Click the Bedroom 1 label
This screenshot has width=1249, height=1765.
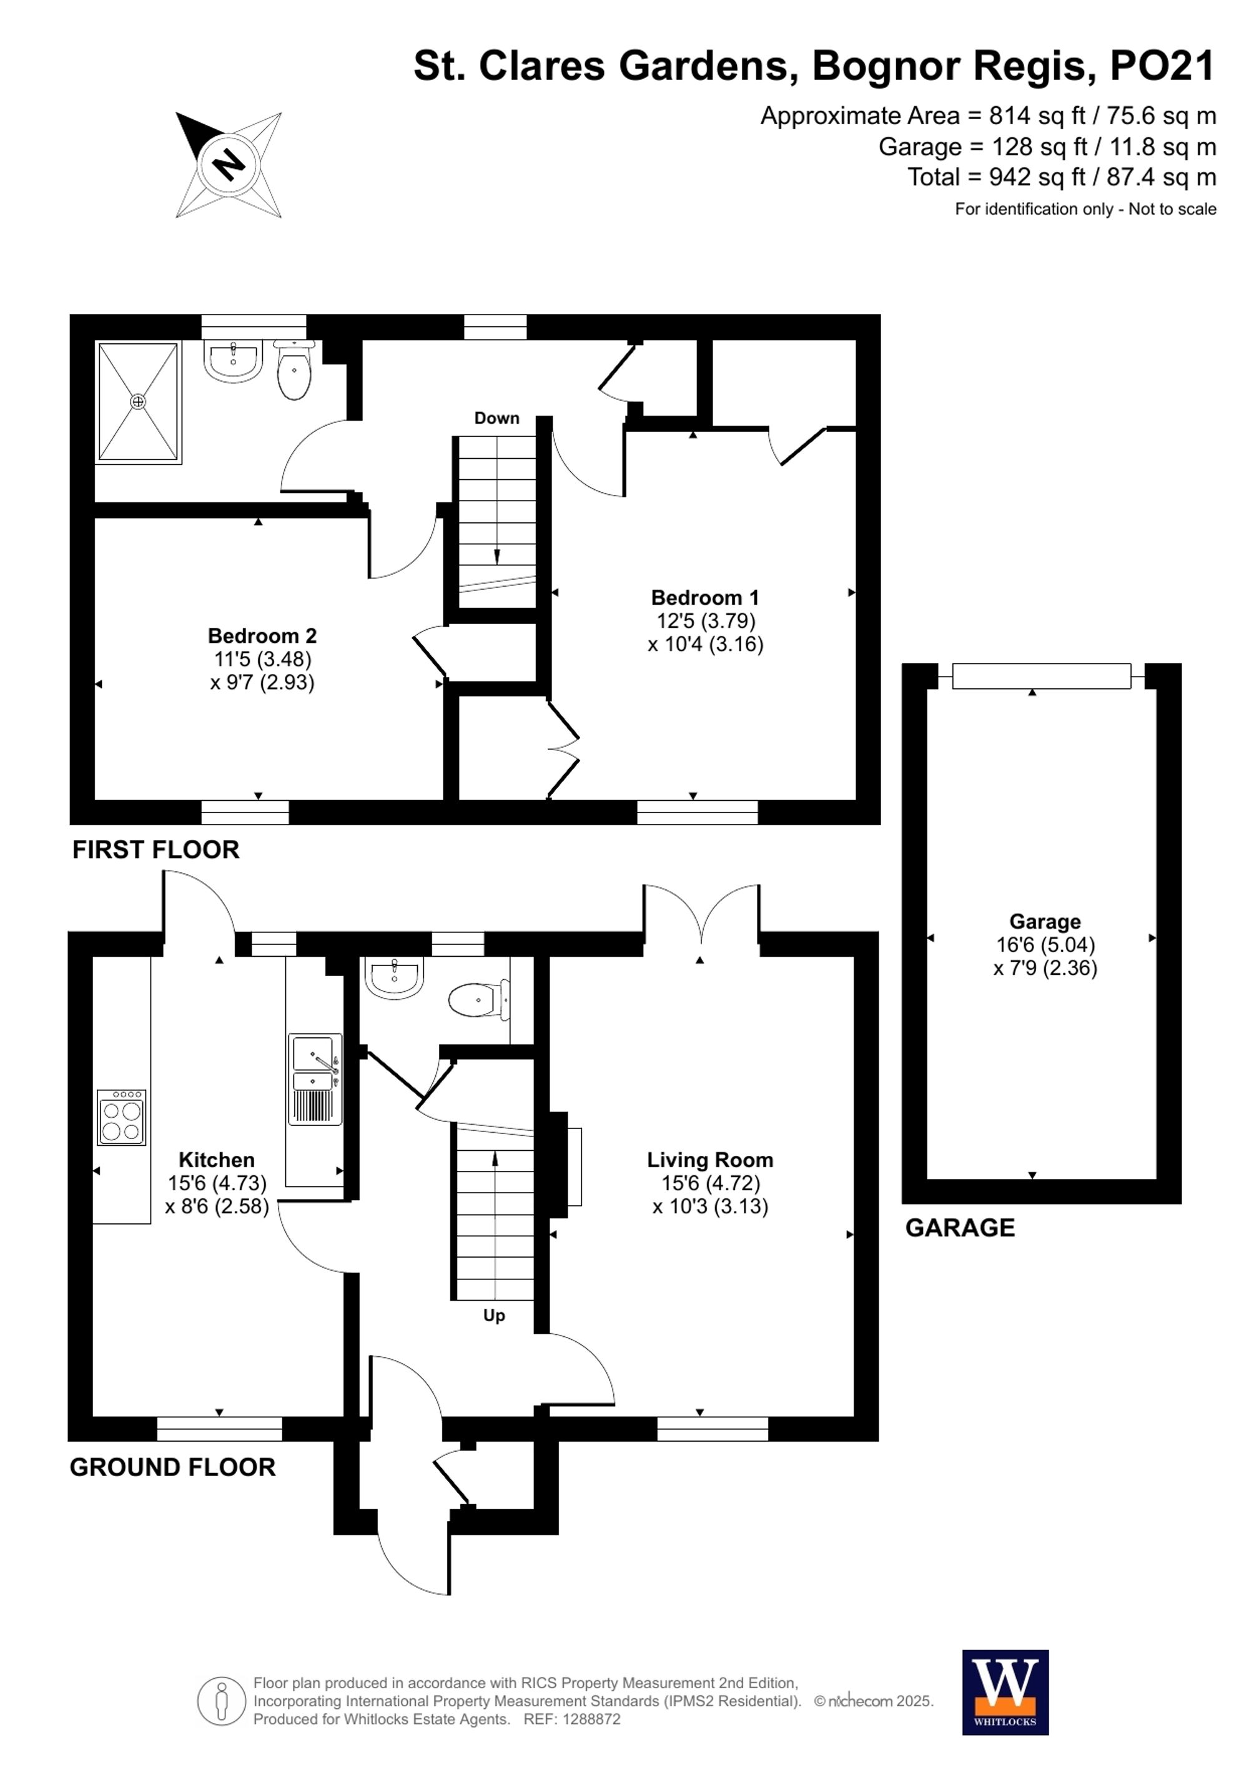(x=704, y=597)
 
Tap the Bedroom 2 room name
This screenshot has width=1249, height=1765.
(x=262, y=636)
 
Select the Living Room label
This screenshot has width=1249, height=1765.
(x=710, y=1160)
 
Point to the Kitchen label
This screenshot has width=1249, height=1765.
(x=216, y=1160)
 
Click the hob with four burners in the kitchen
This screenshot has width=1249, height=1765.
(x=122, y=1118)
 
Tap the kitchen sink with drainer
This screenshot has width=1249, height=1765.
(x=315, y=1079)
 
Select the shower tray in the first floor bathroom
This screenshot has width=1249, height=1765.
(x=139, y=402)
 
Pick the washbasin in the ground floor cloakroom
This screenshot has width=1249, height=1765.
(x=395, y=978)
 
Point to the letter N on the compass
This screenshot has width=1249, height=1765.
(x=229, y=164)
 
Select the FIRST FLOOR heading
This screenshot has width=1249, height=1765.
(x=156, y=849)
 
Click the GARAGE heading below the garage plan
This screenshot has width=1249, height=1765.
(x=960, y=1228)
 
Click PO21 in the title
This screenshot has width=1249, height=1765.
(x=1162, y=66)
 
